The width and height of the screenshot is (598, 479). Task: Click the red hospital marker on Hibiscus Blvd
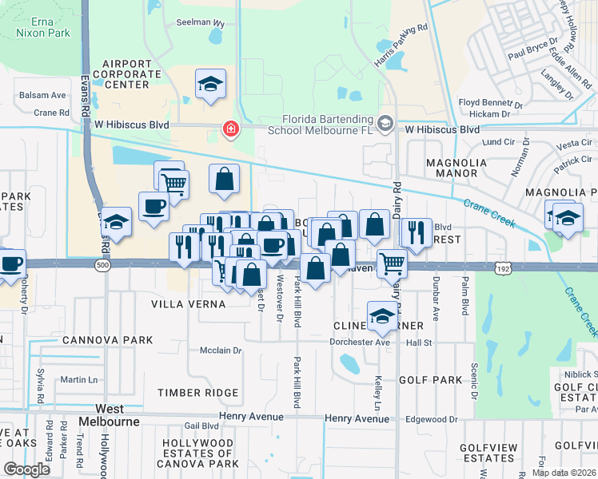pyautogui.click(x=231, y=129)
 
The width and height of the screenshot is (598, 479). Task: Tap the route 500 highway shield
pyautogui.click(x=102, y=265)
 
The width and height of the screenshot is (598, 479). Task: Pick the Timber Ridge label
pyautogui.click(x=197, y=393)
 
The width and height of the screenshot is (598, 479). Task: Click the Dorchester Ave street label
pyautogui.click(x=360, y=342)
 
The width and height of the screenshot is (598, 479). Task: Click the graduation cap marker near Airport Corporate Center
pyautogui.click(x=210, y=85)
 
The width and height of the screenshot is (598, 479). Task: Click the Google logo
pyautogui.click(x=26, y=469)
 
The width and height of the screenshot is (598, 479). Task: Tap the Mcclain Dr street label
pyautogui.click(x=221, y=350)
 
